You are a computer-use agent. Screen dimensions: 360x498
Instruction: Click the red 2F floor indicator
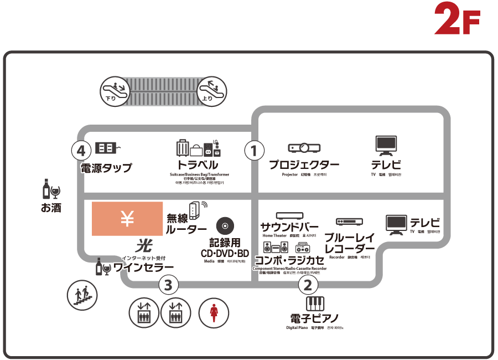coord(456,18)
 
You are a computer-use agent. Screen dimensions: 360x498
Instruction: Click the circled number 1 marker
coord(254,150)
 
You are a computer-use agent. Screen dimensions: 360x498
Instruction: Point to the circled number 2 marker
coord(308,285)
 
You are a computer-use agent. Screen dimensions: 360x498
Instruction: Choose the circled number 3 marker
coord(169,285)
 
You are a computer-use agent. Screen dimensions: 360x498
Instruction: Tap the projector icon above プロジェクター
coord(304,148)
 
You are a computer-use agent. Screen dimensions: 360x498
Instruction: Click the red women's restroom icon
coord(214,312)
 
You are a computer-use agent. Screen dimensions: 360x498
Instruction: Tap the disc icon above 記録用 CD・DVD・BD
coord(225,225)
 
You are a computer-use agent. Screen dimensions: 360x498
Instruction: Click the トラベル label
coord(198,166)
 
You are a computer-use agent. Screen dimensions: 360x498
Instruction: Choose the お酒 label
coord(51,208)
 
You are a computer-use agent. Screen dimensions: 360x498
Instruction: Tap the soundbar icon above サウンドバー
coord(289,215)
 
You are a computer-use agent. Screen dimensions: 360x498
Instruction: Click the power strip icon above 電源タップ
coord(108,148)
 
